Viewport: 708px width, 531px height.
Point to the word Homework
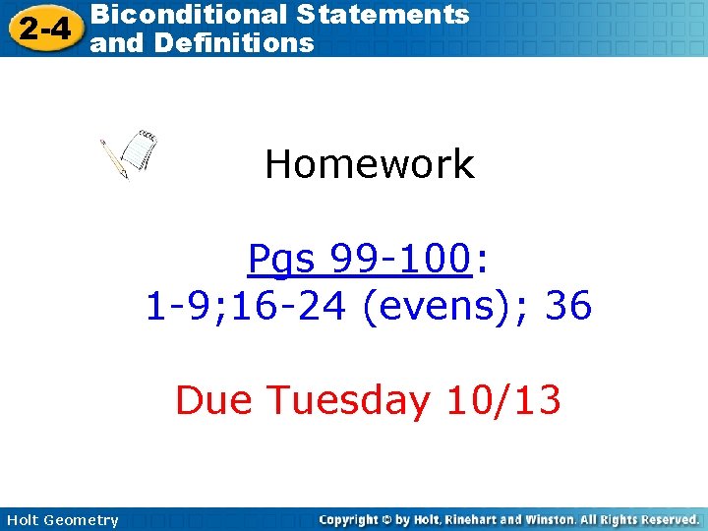370,164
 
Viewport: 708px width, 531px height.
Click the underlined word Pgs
284,260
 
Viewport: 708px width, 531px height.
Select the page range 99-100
398,260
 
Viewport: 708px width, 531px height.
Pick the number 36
568,307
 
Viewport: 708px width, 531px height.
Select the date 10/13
503,400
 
